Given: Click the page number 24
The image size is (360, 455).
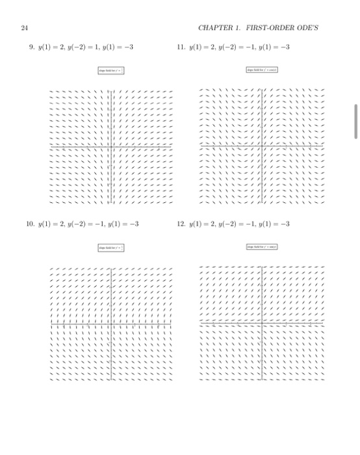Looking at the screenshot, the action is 25,27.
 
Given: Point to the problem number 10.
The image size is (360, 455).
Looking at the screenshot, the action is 30,224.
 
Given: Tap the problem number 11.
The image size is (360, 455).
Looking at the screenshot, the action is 181,47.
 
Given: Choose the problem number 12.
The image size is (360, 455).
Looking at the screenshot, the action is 181,224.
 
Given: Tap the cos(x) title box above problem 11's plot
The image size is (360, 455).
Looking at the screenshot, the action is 262,70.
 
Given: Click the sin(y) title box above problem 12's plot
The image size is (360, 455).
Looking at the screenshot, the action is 262,247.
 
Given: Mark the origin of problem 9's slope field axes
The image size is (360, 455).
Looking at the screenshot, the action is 112,149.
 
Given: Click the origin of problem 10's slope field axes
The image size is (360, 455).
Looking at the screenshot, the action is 112,322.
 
